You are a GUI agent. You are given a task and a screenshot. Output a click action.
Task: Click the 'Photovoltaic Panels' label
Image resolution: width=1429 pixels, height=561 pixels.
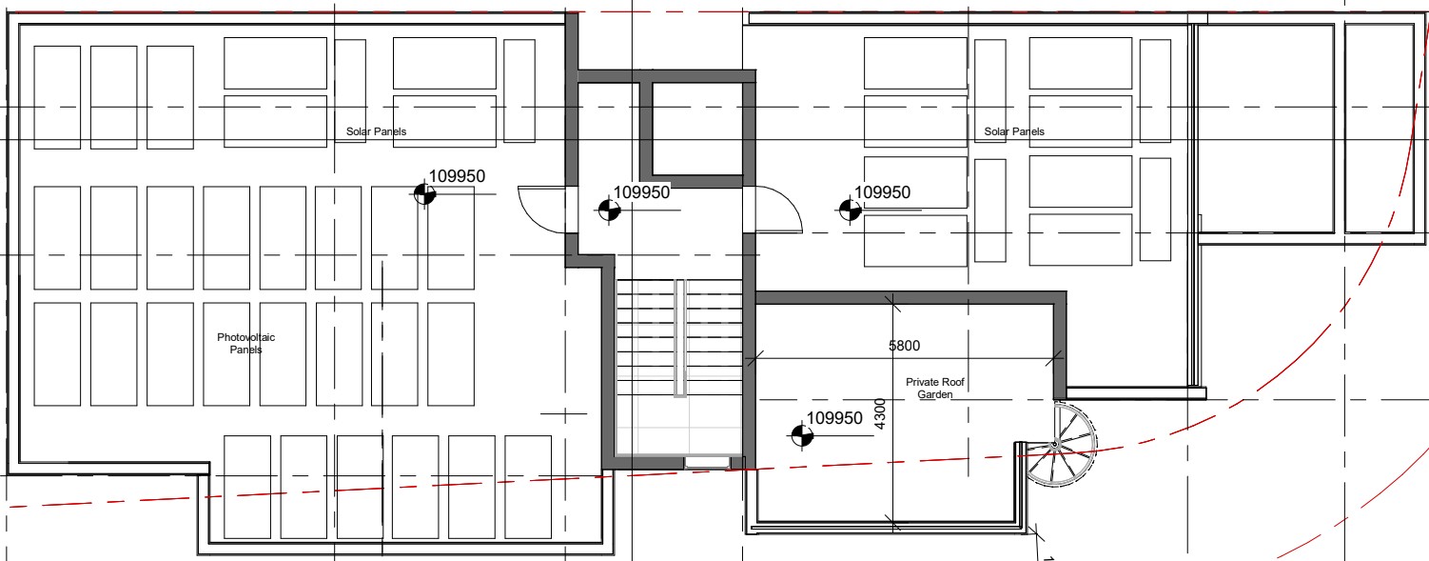tap(245, 343)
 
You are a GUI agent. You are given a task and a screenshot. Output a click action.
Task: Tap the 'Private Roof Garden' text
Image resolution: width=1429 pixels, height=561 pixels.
tap(935, 388)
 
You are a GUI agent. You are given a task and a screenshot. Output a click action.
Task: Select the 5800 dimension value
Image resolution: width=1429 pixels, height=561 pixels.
tap(904, 346)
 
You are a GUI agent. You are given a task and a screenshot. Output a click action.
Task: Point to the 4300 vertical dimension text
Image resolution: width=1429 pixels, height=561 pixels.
tap(880, 414)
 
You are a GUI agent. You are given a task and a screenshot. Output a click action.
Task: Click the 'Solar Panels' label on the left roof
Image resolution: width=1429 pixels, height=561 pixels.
tap(376, 131)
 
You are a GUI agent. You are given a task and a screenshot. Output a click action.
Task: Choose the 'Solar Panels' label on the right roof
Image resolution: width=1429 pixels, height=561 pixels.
tap(1013, 131)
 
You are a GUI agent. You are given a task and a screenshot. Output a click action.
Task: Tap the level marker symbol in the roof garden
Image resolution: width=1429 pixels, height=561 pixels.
tap(802, 436)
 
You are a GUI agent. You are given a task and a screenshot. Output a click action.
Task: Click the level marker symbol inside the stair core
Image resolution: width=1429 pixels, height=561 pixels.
tap(609, 210)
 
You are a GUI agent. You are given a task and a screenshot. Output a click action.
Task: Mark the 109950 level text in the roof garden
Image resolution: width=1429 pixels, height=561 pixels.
tap(834, 418)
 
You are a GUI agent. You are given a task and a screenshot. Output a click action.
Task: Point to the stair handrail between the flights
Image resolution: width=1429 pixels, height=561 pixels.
tap(680, 338)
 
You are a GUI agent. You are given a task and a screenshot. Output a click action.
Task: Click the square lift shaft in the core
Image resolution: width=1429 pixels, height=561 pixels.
tap(696, 130)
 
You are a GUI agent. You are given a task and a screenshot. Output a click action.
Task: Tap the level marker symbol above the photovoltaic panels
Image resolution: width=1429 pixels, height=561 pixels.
tap(424, 194)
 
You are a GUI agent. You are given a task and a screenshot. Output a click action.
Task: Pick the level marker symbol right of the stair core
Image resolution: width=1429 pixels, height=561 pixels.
tap(850, 210)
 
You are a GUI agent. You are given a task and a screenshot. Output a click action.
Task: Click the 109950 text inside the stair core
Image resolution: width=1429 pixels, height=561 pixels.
tap(641, 192)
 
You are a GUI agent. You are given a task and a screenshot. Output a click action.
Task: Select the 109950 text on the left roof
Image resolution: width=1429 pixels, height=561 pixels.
tap(457, 176)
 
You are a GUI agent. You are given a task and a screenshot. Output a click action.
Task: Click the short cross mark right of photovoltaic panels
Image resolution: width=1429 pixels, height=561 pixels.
tap(564, 414)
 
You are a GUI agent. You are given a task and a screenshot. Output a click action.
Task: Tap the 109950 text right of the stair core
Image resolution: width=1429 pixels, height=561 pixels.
tap(882, 192)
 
